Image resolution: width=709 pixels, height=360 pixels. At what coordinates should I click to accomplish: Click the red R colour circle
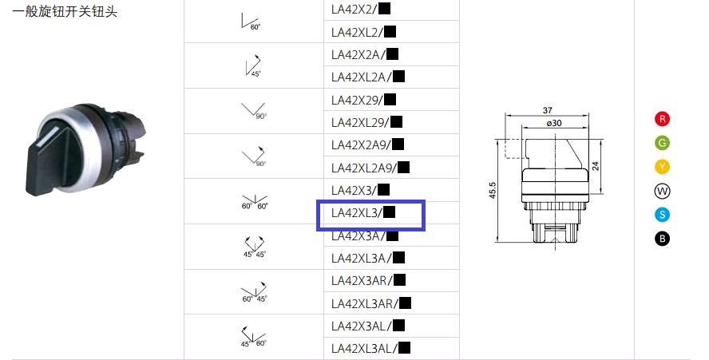662,119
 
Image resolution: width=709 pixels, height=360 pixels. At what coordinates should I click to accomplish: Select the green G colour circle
662,143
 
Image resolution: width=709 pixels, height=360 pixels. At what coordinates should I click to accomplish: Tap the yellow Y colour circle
662,167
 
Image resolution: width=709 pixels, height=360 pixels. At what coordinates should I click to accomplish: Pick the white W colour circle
662,192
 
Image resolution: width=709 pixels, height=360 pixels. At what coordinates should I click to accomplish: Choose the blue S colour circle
662,215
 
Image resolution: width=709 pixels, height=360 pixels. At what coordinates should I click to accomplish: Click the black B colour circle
662,239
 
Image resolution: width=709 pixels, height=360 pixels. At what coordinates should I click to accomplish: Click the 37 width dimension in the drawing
547,110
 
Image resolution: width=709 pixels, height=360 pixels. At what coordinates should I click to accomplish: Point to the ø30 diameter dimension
554,123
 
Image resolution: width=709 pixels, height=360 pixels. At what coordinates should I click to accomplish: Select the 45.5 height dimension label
493,191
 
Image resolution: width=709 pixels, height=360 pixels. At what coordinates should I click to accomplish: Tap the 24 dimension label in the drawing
596,166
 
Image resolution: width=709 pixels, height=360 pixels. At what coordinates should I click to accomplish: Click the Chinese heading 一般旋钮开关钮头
65,11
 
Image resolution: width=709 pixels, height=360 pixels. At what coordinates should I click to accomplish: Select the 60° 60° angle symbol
255,202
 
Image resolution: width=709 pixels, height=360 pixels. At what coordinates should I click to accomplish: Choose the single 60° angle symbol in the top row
251,22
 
